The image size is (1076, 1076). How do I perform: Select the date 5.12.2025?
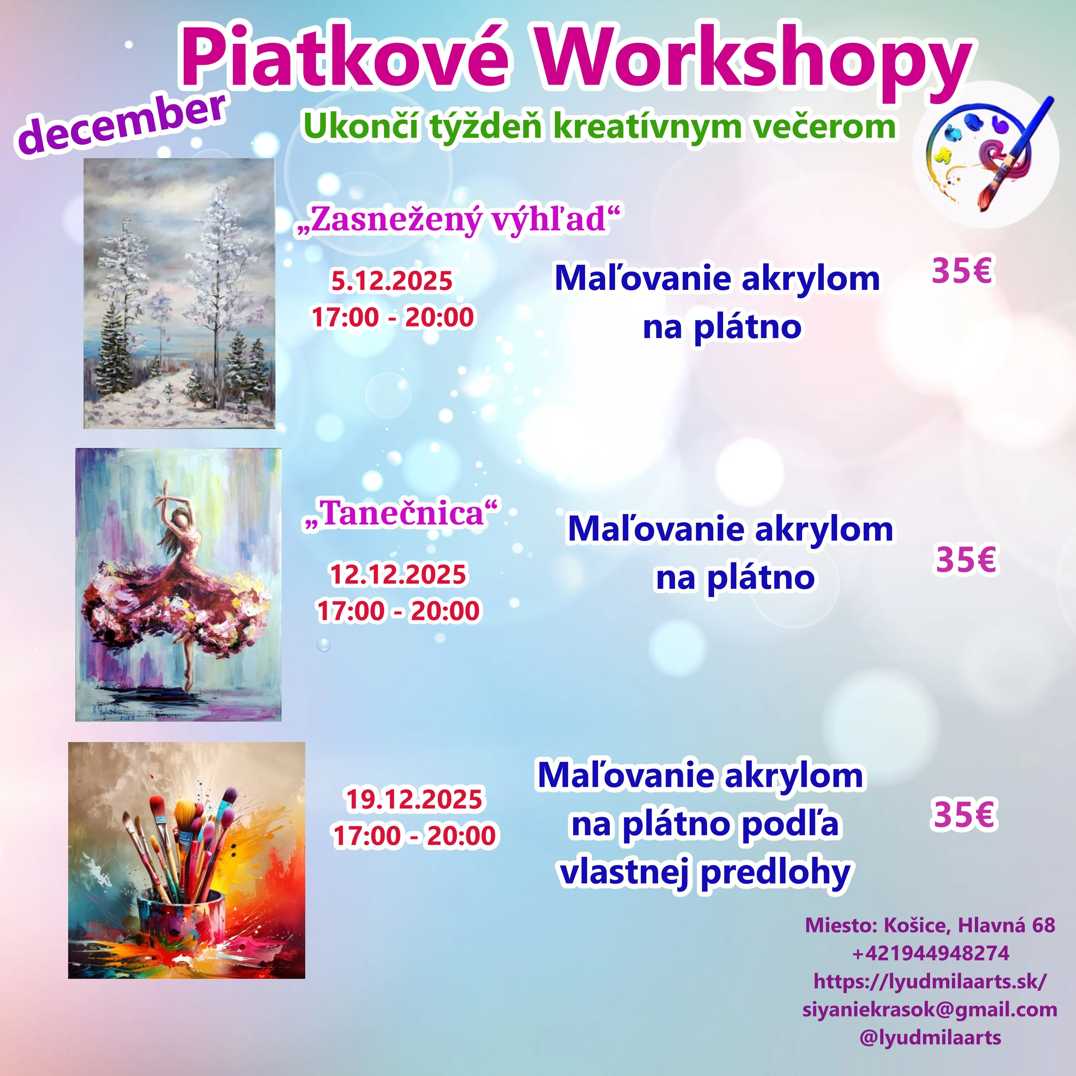[392, 281]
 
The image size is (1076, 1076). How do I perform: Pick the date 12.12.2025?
[398, 574]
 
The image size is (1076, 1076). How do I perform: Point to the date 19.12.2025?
[414, 799]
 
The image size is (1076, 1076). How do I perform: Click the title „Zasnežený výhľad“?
[458, 219]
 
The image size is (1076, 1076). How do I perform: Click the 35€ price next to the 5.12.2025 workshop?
[962, 271]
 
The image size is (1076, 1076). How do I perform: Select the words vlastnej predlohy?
[705, 873]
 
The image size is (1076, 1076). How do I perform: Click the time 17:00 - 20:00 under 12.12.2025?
[398, 610]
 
